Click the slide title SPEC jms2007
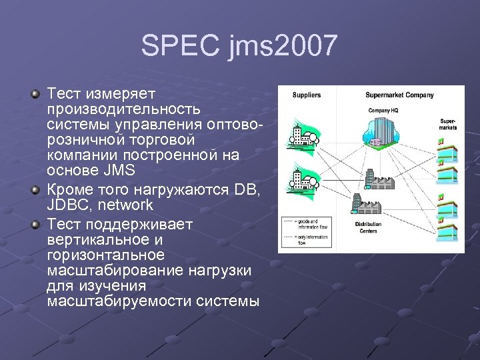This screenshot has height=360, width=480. pyautogui.click(x=239, y=46)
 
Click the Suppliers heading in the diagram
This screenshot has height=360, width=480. pyautogui.click(x=306, y=95)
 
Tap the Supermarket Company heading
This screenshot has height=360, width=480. pyautogui.click(x=399, y=95)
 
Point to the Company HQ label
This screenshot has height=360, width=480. pyautogui.click(x=383, y=110)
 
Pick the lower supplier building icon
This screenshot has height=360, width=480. pyautogui.click(x=299, y=181)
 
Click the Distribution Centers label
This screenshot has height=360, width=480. pyautogui.click(x=368, y=228)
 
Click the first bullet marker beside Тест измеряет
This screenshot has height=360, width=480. pyautogui.click(x=36, y=95)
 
